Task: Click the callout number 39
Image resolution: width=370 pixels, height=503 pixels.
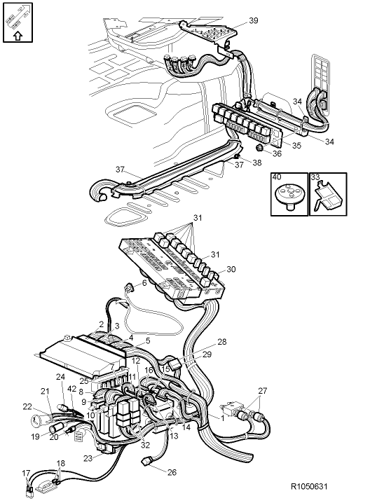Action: click(253, 21)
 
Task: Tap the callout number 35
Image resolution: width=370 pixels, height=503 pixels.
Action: click(296, 146)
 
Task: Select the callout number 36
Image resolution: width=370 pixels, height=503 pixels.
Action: click(277, 154)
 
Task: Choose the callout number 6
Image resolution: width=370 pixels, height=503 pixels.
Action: click(144, 283)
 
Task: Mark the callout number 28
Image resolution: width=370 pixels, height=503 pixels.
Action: click(221, 342)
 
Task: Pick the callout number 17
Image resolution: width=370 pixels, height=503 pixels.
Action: click(26, 473)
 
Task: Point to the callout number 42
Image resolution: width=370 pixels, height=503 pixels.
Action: click(71, 389)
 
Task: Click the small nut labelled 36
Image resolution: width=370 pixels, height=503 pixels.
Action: click(260, 150)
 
